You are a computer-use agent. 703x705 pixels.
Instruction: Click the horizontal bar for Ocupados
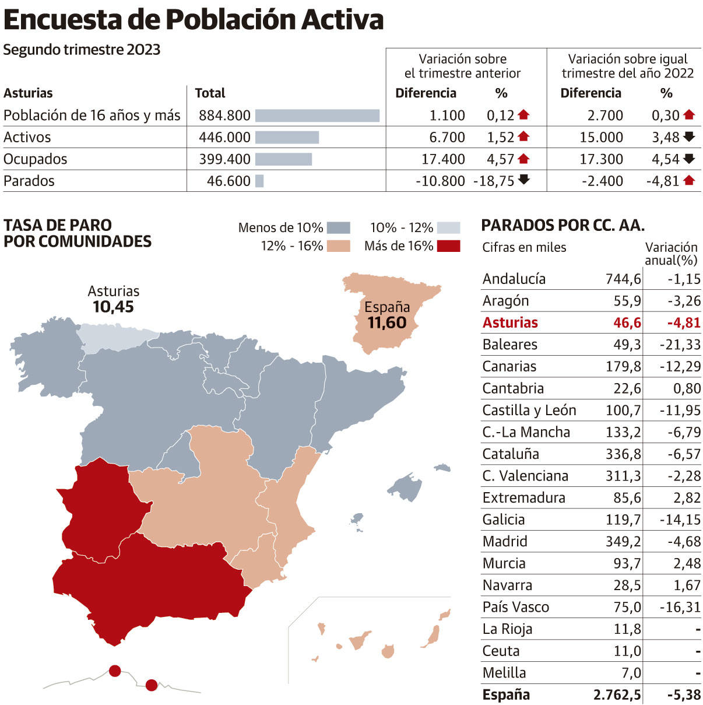[283, 159]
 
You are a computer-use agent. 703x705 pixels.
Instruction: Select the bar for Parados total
[259, 181]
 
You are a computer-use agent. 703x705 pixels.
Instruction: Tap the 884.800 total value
[224, 115]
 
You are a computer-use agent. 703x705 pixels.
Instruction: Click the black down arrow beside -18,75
[524, 180]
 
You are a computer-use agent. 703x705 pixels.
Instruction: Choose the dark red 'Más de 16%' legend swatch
[449, 246]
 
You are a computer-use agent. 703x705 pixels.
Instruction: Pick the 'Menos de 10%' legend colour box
[338, 227]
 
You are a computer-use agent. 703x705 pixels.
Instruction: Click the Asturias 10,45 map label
[114, 299]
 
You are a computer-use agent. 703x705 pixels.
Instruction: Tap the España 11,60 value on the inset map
[387, 322]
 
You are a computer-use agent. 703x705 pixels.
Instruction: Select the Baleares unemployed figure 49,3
[627, 345]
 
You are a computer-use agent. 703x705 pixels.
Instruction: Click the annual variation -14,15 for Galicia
[680, 520]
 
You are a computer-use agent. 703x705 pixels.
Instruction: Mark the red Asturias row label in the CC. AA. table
[510, 322]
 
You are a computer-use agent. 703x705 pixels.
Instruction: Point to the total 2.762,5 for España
[617, 695]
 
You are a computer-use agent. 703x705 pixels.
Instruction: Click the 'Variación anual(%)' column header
[671, 253]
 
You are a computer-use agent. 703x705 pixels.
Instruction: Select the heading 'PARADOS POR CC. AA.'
[563, 226]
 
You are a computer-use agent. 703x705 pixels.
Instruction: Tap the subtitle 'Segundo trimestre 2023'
[82, 50]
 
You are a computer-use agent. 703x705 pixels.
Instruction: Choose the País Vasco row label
[515, 607]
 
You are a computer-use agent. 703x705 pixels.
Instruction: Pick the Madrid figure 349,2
[623, 542]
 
